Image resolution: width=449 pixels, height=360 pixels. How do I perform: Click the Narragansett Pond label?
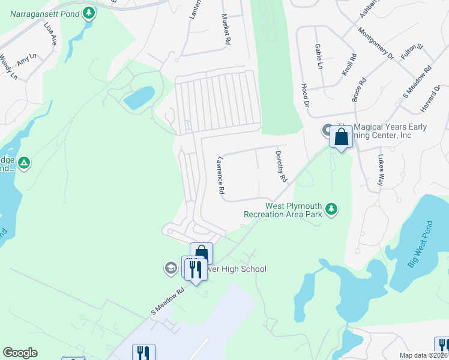(x=40, y=12)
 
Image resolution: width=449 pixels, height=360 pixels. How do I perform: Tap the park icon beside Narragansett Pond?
(x=89, y=12)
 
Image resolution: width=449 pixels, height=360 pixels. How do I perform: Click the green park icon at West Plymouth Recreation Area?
(x=331, y=209)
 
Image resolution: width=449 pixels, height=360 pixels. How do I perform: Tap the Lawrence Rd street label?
(x=220, y=175)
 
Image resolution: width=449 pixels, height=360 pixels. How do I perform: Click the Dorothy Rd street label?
(x=282, y=166)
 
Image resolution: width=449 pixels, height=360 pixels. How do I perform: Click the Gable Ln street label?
(x=319, y=56)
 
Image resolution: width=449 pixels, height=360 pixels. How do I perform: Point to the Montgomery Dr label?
(x=376, y=43)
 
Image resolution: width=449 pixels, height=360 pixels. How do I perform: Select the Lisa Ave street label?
(x=50, y=35)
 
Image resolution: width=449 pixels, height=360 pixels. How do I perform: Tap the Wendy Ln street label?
(x=8, y=67)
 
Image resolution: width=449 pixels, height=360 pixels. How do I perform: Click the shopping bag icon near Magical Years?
(x=341, y=137)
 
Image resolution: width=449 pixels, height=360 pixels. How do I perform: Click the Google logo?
(x=20, y=353)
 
